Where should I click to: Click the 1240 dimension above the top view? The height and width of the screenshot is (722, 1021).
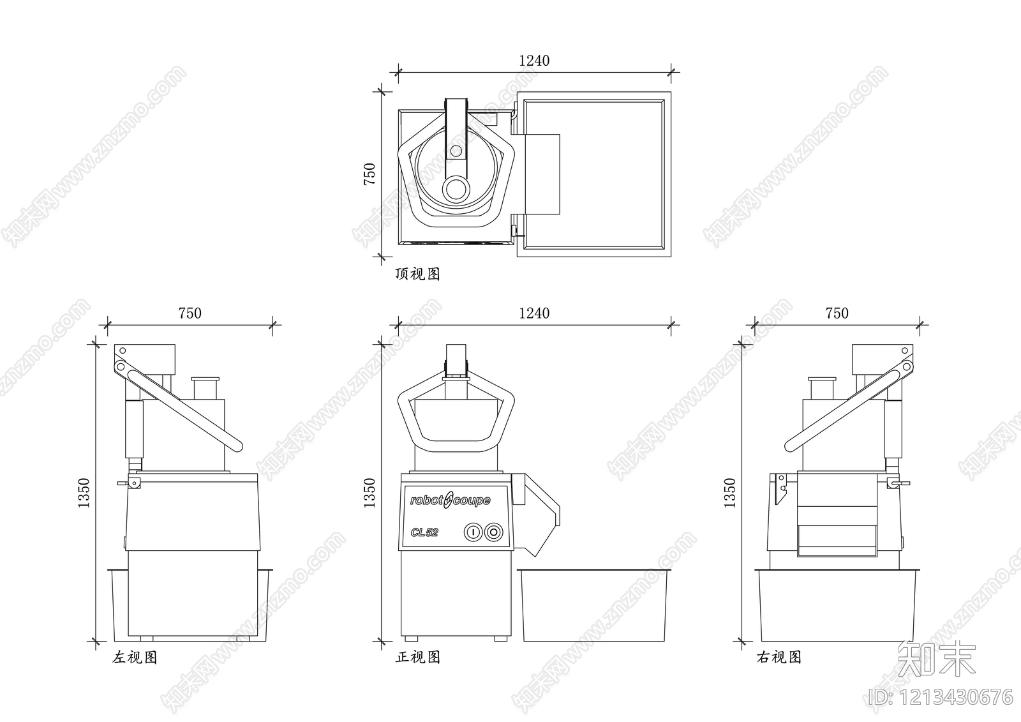point(534,61)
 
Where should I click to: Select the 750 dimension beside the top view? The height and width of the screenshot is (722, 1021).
point(369,174)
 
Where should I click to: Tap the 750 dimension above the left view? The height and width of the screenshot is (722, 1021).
point(190,313)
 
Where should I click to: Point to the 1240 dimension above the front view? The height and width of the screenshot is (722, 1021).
point(534,313)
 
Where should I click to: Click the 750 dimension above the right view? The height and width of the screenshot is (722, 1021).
point(837,313)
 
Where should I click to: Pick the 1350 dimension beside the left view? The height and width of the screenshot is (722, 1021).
point(84,493)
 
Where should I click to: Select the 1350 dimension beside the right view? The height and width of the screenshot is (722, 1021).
point(730,493)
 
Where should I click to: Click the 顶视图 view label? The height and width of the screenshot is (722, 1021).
point(417,274)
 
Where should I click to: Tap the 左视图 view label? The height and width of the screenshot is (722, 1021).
point(135,658)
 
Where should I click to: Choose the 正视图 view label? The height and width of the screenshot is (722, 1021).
point(418,658)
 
